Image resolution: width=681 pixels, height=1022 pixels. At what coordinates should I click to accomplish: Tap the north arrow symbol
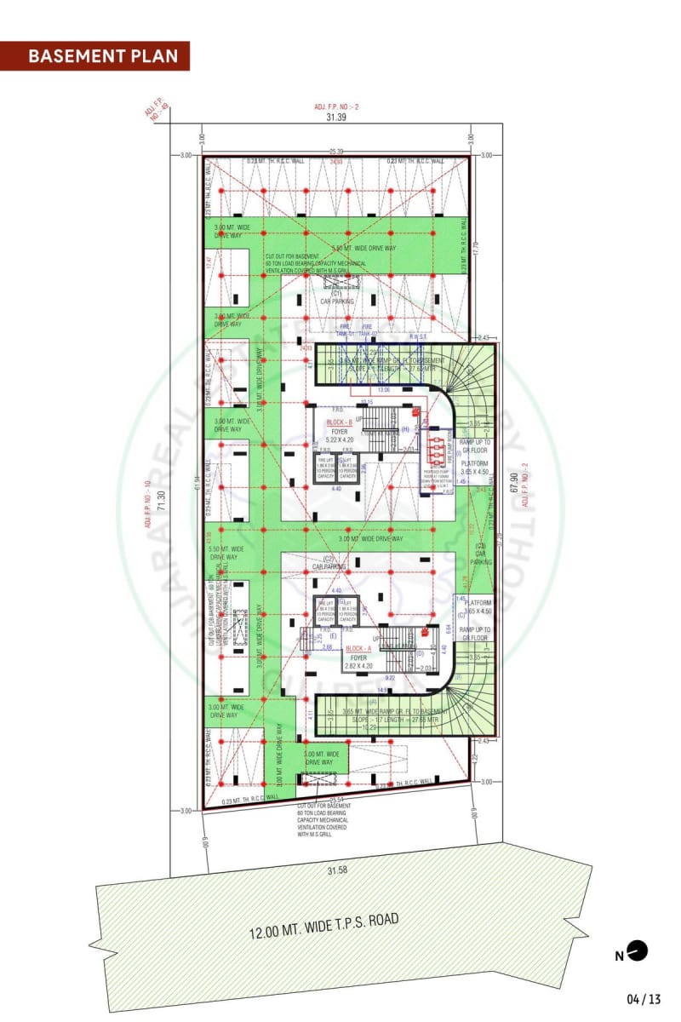[x=638, y=950]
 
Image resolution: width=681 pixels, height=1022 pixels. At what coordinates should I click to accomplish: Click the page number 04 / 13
[x=644, y=998]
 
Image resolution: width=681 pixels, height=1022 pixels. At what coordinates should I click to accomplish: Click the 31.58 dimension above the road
[x=339, y=870]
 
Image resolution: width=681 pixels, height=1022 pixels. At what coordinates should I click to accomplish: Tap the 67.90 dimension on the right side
[x=513, y=478]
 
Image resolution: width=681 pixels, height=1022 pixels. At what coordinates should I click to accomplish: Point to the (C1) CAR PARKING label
[x=336, y=297]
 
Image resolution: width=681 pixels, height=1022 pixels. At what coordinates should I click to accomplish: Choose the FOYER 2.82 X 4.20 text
[x=358, y=663]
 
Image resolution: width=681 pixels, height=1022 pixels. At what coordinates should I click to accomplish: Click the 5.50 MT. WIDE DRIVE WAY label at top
[x=364, y=248]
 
